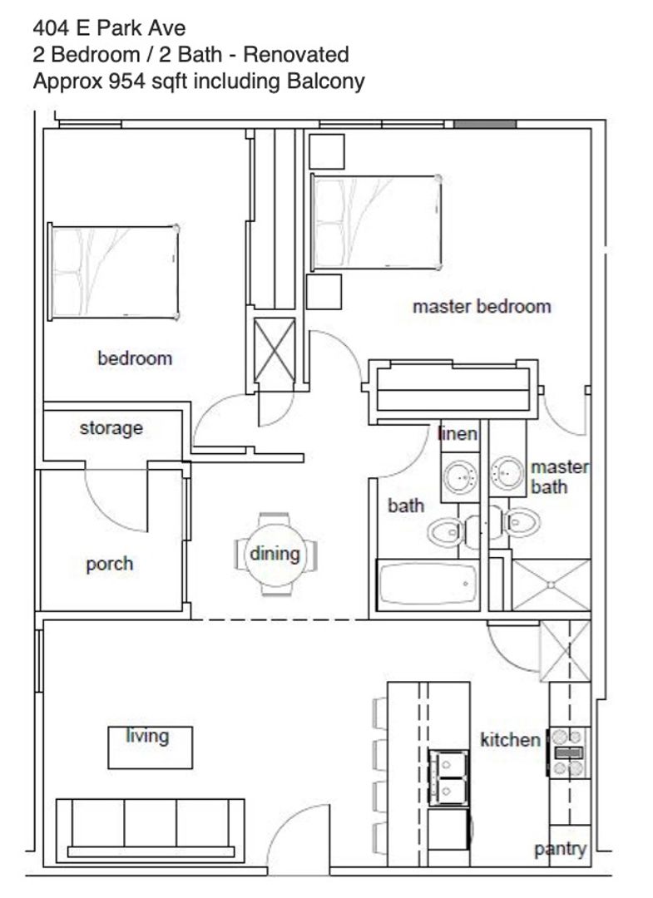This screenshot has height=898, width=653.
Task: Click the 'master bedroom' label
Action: tap(482, 306)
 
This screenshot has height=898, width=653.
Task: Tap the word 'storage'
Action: tap(111, 428)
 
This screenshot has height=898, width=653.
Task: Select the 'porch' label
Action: tap(110, 564)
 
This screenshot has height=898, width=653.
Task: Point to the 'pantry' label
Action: tap(560, 849)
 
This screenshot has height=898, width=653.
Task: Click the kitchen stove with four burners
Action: tap(568, 752)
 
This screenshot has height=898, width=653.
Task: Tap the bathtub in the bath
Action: tap(428, 585)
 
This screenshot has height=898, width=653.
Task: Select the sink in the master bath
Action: tap(507, 473)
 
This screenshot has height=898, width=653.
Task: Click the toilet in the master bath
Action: tap(519, 521)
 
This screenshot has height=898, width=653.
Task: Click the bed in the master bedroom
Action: tap(376, 222)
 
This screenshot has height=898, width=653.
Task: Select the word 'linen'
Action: tap(458, 433)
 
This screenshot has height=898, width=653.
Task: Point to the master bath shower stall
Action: tap(551, 585)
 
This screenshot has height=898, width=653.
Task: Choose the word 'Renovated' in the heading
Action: tap(296, 54)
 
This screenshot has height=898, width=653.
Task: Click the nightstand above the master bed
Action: tap(326, 152)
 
